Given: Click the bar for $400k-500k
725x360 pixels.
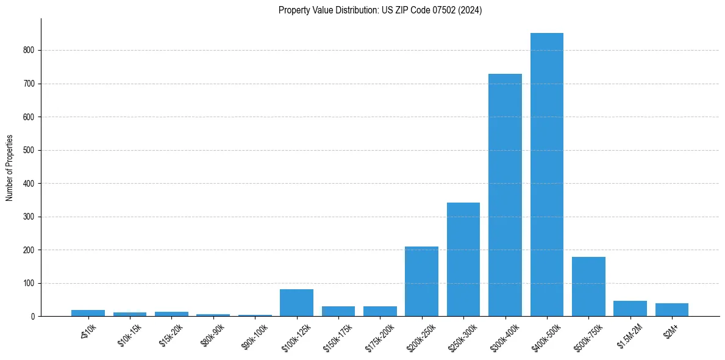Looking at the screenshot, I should point(546,175).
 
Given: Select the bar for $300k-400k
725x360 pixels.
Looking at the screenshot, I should point(505,195).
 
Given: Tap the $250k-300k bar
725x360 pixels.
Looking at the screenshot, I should point(463,259).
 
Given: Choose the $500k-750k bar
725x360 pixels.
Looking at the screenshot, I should point(588,287).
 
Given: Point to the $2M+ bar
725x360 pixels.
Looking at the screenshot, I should point(672,310).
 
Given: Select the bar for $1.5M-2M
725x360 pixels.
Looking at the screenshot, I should point(630,309).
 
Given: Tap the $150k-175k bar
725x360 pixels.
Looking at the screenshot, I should point(338,311).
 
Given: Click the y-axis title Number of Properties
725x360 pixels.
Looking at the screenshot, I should point(10,168).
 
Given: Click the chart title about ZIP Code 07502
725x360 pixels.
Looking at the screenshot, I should point(380,10).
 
